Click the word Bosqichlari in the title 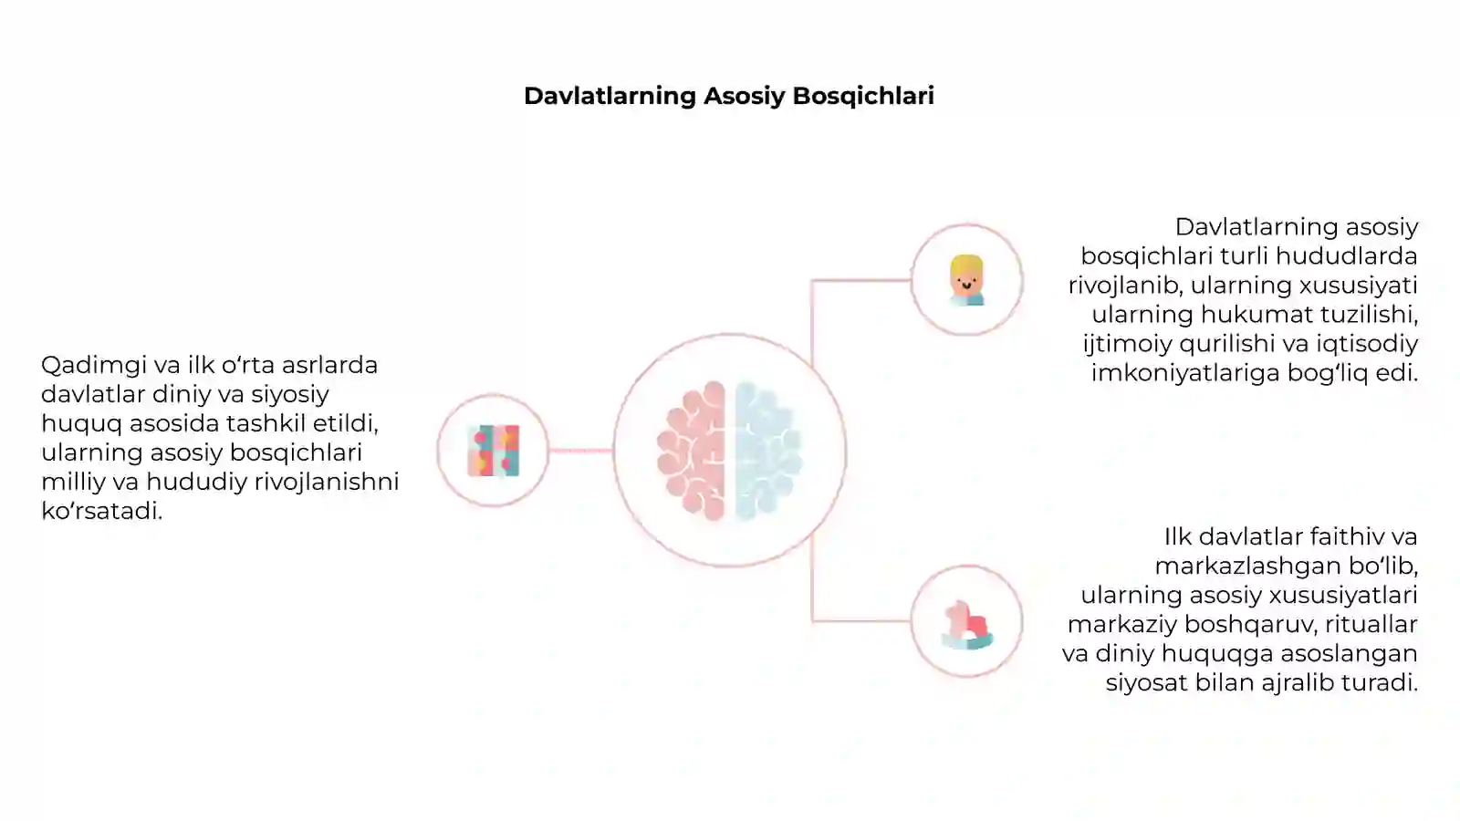(x=863, y=96)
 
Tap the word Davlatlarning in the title (x=610, y=96)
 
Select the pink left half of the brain (x=692, y=451)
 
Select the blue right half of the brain (x=767, y=451)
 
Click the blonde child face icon (x=966, y=280)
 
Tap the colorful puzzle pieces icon (x=494, y=451)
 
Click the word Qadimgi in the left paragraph (x=93, y=365)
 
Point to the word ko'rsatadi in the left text (x=101, y=511)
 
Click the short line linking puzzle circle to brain (x=580, y=451)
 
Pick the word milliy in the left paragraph (x=73, y=482)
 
